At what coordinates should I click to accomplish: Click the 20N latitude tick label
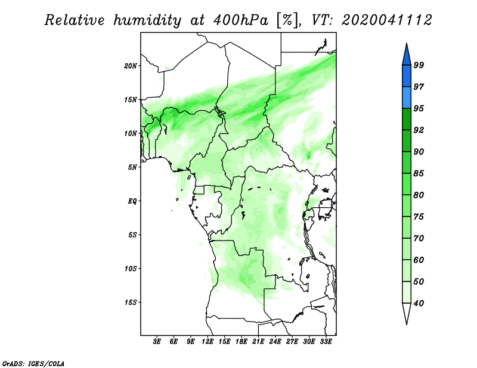131,66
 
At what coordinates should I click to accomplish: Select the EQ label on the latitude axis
132,201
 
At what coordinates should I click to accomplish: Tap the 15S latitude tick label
131,302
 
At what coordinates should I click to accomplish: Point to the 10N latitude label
131,133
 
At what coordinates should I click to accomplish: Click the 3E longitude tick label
157,342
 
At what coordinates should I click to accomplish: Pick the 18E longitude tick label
241,342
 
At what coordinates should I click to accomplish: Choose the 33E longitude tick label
326,342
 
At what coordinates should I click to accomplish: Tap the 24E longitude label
275,342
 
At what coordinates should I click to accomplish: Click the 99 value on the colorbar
419,65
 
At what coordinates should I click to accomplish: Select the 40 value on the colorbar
419,303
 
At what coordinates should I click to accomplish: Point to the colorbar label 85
419,173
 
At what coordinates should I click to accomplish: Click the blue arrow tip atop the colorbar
407,43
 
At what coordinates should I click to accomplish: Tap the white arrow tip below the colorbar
407,324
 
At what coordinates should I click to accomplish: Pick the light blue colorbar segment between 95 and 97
407,98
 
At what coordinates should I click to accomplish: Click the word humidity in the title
148,20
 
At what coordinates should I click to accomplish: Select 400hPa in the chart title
240,20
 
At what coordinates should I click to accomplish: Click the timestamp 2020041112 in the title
386,20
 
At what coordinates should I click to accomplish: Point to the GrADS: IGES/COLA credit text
33,364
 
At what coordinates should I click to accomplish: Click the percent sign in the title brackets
287,20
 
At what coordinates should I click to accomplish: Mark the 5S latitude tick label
132,235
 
